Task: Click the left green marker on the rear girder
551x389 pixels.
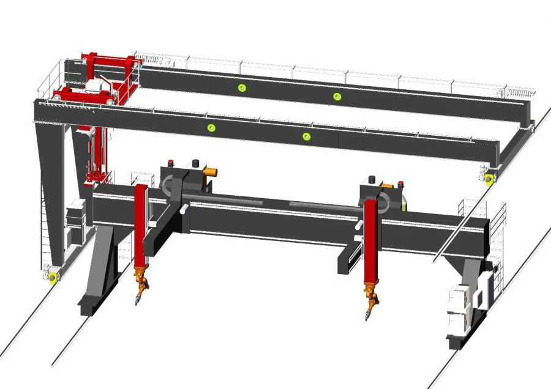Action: tap(242, 88)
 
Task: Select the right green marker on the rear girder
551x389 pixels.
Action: tap(336, 97)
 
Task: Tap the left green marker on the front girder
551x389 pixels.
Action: tap(212, 128)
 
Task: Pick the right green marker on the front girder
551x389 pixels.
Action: tap(307, 136)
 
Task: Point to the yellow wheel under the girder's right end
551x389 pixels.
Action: tap(489, 179)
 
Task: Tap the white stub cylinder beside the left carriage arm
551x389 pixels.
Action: tap(182, 209)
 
